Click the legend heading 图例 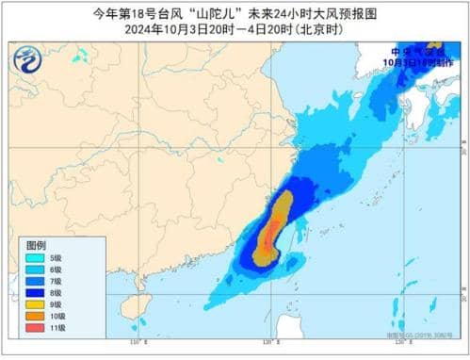coord(35,243)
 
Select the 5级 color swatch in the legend coord(33,257)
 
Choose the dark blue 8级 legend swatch coord(33,293)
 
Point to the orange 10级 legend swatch coord(33,317)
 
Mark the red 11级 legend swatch coord(33,329)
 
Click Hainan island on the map coord(131,312)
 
